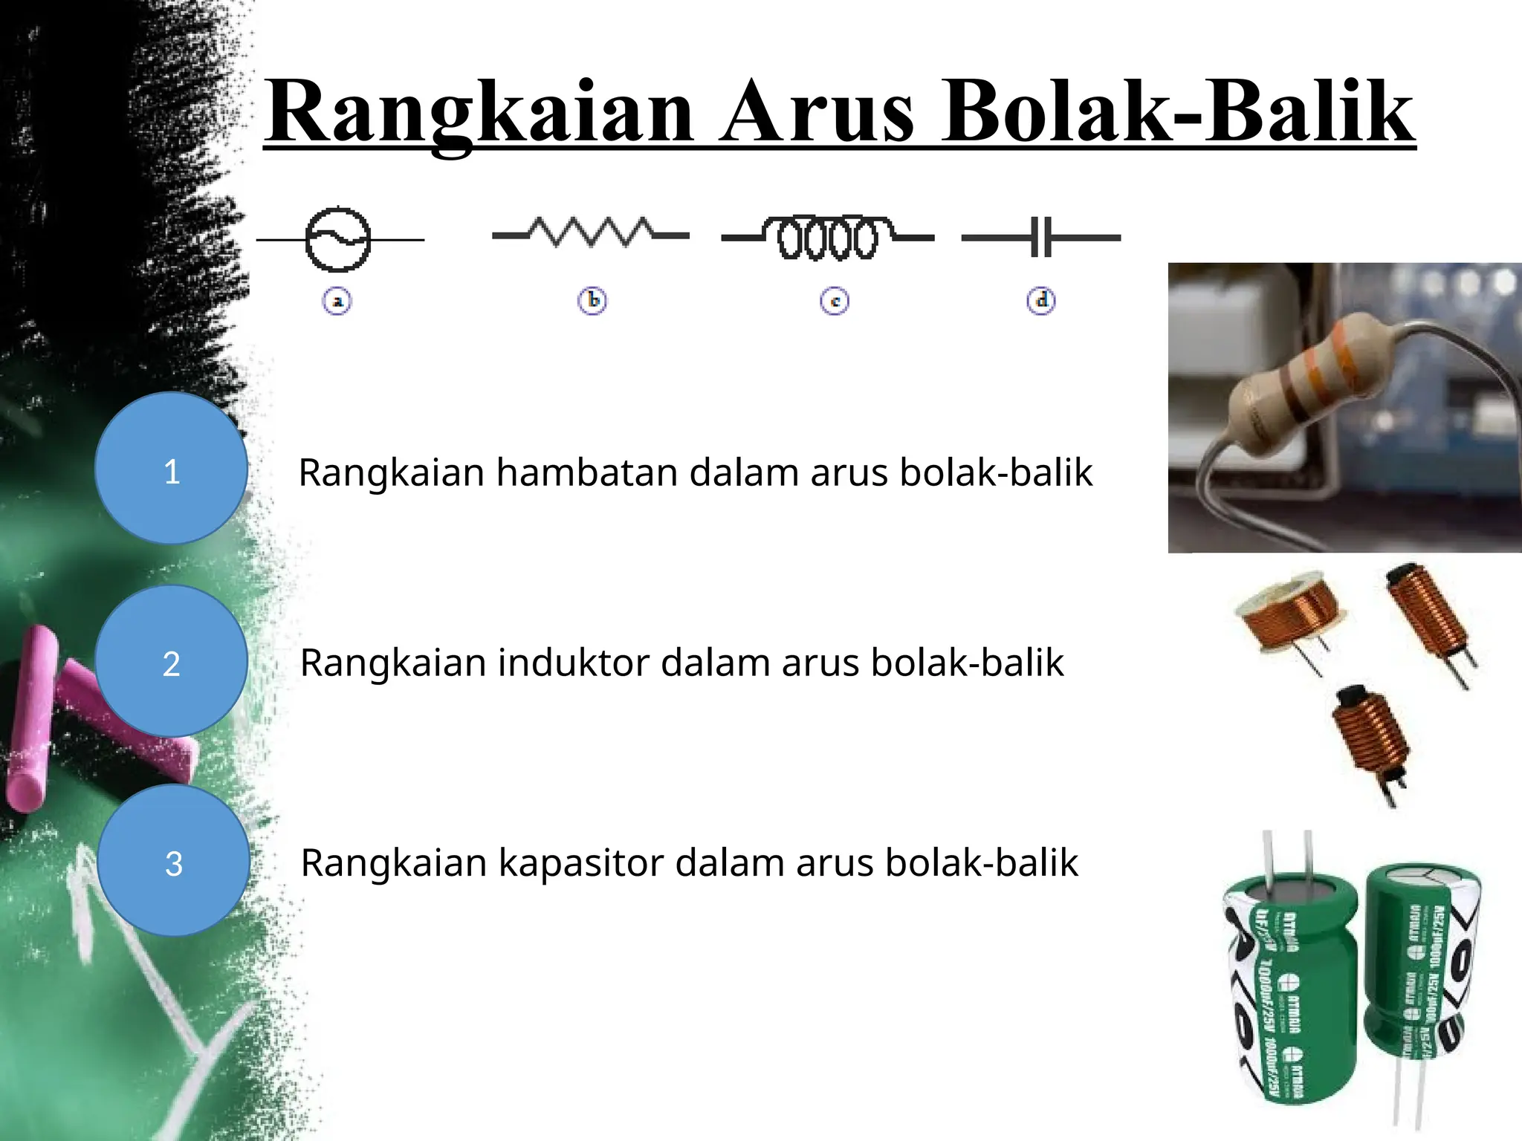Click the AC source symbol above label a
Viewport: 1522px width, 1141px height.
[338, 238]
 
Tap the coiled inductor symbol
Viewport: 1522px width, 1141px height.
[828, 237]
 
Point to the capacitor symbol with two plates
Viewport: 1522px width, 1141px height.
[1041, 238]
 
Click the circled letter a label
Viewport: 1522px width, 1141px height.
[337, 302]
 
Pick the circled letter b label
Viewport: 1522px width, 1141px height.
[592, 301]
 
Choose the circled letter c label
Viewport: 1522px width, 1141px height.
[835, 302]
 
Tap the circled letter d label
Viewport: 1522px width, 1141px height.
[1041, 301]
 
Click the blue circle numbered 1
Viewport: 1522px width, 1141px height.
[172, 469]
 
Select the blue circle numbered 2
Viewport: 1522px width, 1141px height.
[172, 661]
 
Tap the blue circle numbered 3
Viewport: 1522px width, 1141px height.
[174, 860]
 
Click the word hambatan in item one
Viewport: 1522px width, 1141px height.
[586, 472]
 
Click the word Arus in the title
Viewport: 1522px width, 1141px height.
[817, 111]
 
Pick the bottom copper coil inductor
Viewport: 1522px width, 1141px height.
[1369, 739]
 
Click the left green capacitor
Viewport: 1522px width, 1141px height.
[1289, 988]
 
